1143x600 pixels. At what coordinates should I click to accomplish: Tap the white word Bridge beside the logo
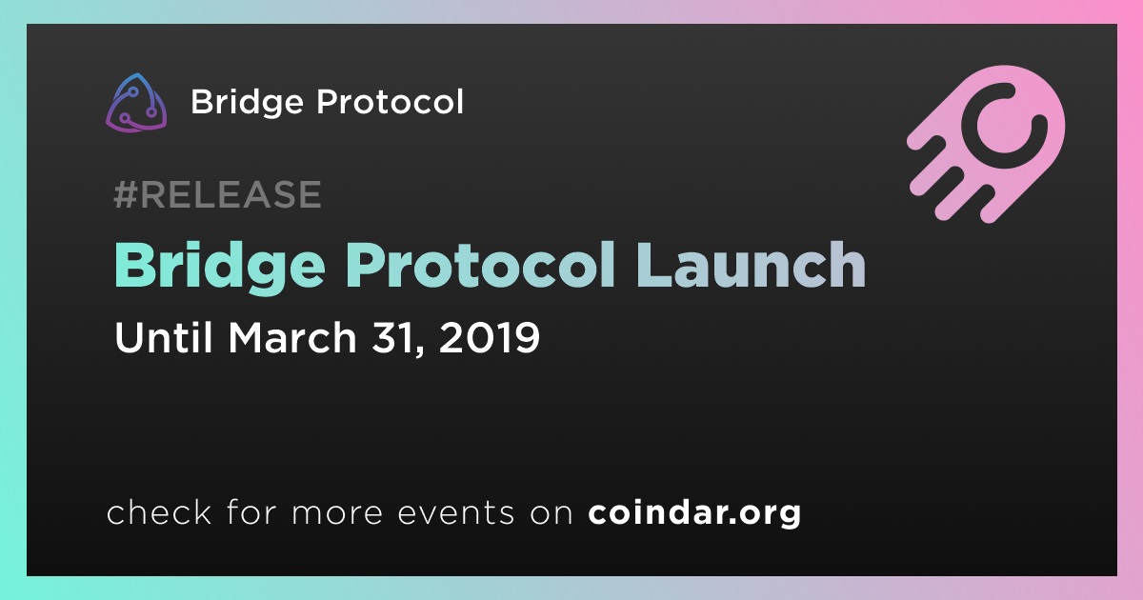pos(247,103)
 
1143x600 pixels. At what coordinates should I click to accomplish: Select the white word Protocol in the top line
pos(391,101)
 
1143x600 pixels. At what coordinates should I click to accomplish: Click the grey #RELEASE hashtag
pos(217,194)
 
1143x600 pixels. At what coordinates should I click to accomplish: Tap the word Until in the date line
pos(163,337)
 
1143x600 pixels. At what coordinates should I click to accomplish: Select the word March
pos(291,337)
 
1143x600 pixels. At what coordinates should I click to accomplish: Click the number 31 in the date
pos(392,337)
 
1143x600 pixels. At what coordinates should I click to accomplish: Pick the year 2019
pos(489,337)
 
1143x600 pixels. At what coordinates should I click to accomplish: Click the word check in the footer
pos(159,511)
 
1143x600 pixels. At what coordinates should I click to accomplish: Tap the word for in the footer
pos(252,511)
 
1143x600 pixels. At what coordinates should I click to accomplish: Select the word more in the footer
pos(337,515)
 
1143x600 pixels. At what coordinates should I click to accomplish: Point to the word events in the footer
pos(456,513)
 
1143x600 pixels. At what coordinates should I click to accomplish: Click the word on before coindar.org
pos(551,515)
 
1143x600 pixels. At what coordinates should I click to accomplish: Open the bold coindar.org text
pos(694,513)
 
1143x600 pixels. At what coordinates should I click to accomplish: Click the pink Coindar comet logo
pos(986,144)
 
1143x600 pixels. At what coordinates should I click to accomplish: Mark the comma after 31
pos(418,352)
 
